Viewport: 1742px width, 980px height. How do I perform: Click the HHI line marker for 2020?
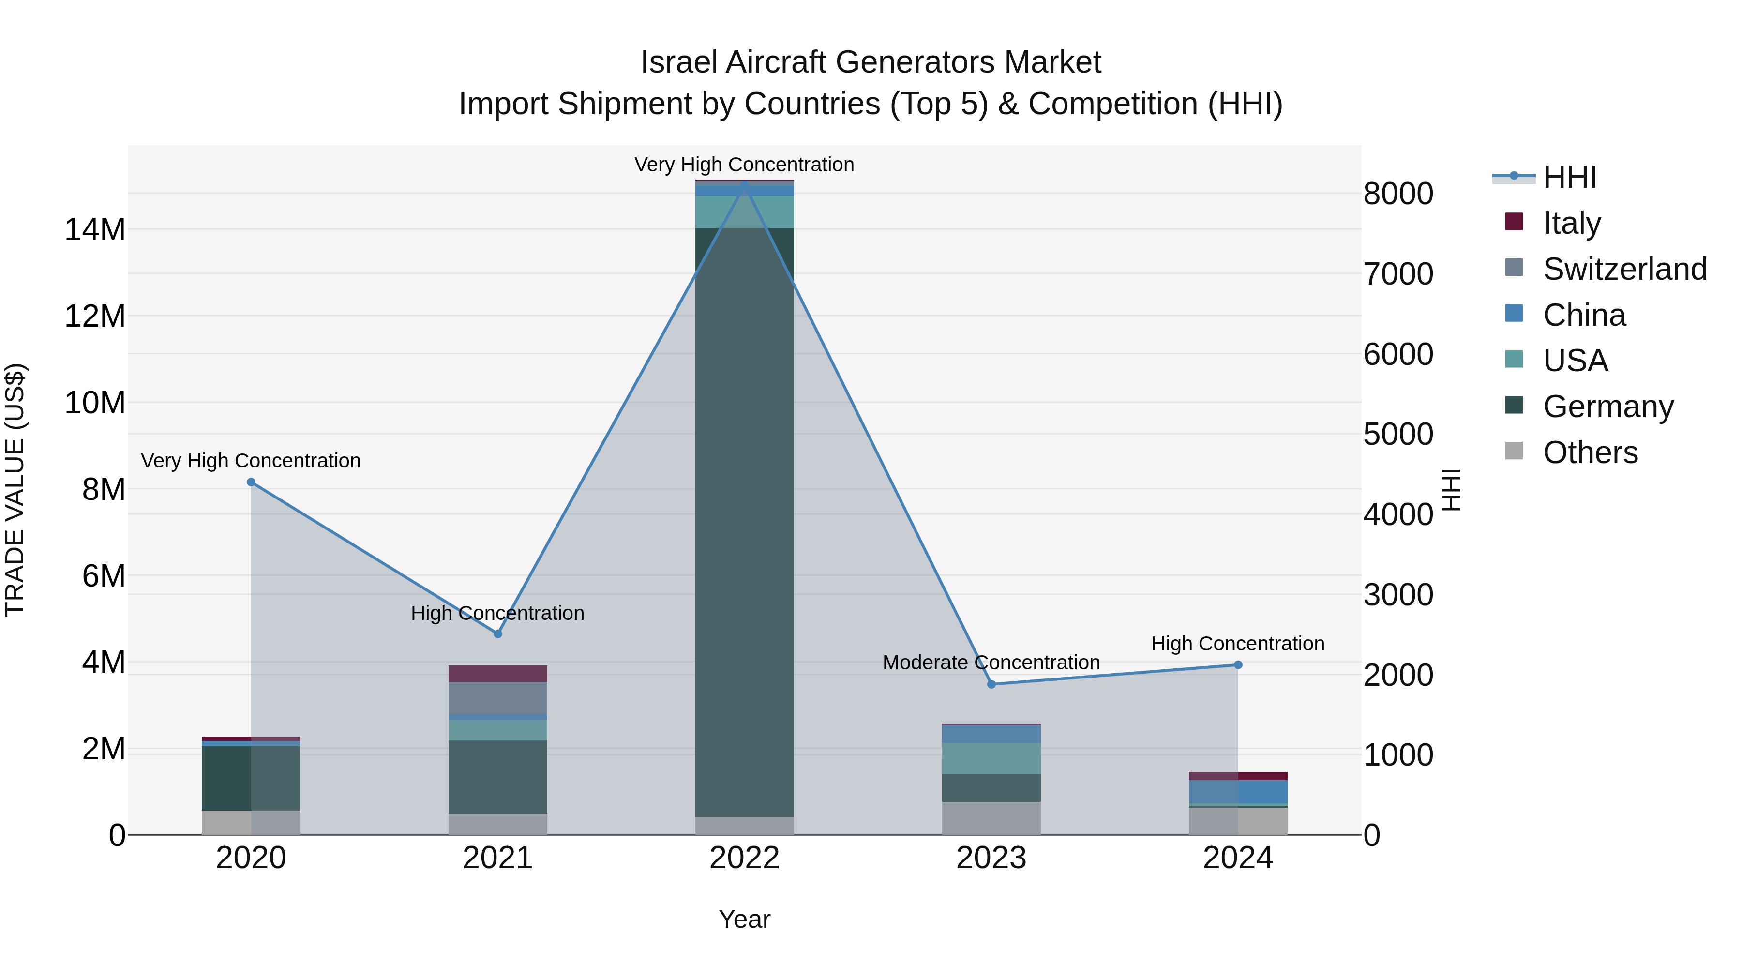[x=251, y=482]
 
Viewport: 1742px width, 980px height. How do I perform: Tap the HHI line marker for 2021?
[x=498, y=633]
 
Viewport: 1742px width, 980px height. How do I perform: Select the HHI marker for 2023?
[x=991, y=684]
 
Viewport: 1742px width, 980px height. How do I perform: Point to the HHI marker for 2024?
[x=1238, y=665]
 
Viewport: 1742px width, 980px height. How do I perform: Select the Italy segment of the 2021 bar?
[x=498, y=674]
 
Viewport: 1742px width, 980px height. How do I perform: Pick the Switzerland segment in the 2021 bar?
[x=498, y=698]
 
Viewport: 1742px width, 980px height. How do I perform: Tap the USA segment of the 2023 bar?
[x=991, y=758]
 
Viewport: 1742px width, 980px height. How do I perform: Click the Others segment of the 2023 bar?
[x=991, y=818]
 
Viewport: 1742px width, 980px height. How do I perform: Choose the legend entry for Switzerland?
[x=1624, y=269]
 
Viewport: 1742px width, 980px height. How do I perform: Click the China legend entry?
[x=1584, y=315]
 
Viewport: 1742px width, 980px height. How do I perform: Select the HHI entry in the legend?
[x=1569, y=177]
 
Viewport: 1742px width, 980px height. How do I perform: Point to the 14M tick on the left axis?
[x=95, y=230]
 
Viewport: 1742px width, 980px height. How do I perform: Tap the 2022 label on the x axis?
[x=745, y=858]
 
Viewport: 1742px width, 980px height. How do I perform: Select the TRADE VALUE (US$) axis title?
[x=15, y=490]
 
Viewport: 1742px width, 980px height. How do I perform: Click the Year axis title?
[x=745, y=919]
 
